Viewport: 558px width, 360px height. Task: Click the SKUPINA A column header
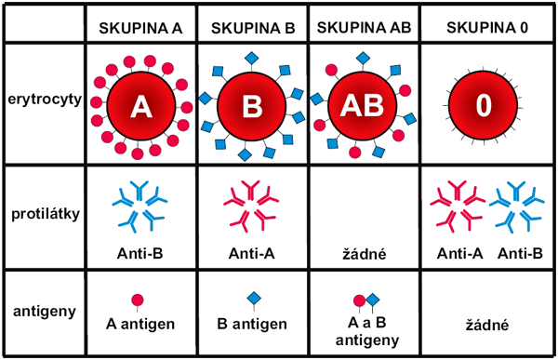point(140,26)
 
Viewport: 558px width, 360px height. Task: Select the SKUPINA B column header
point(251,26)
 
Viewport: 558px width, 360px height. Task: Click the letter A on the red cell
point(140,107)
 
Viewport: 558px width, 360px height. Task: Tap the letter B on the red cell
point(251,107)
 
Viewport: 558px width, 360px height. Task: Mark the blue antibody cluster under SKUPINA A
point(140,207)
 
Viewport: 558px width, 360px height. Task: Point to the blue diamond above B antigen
point(251,300)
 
